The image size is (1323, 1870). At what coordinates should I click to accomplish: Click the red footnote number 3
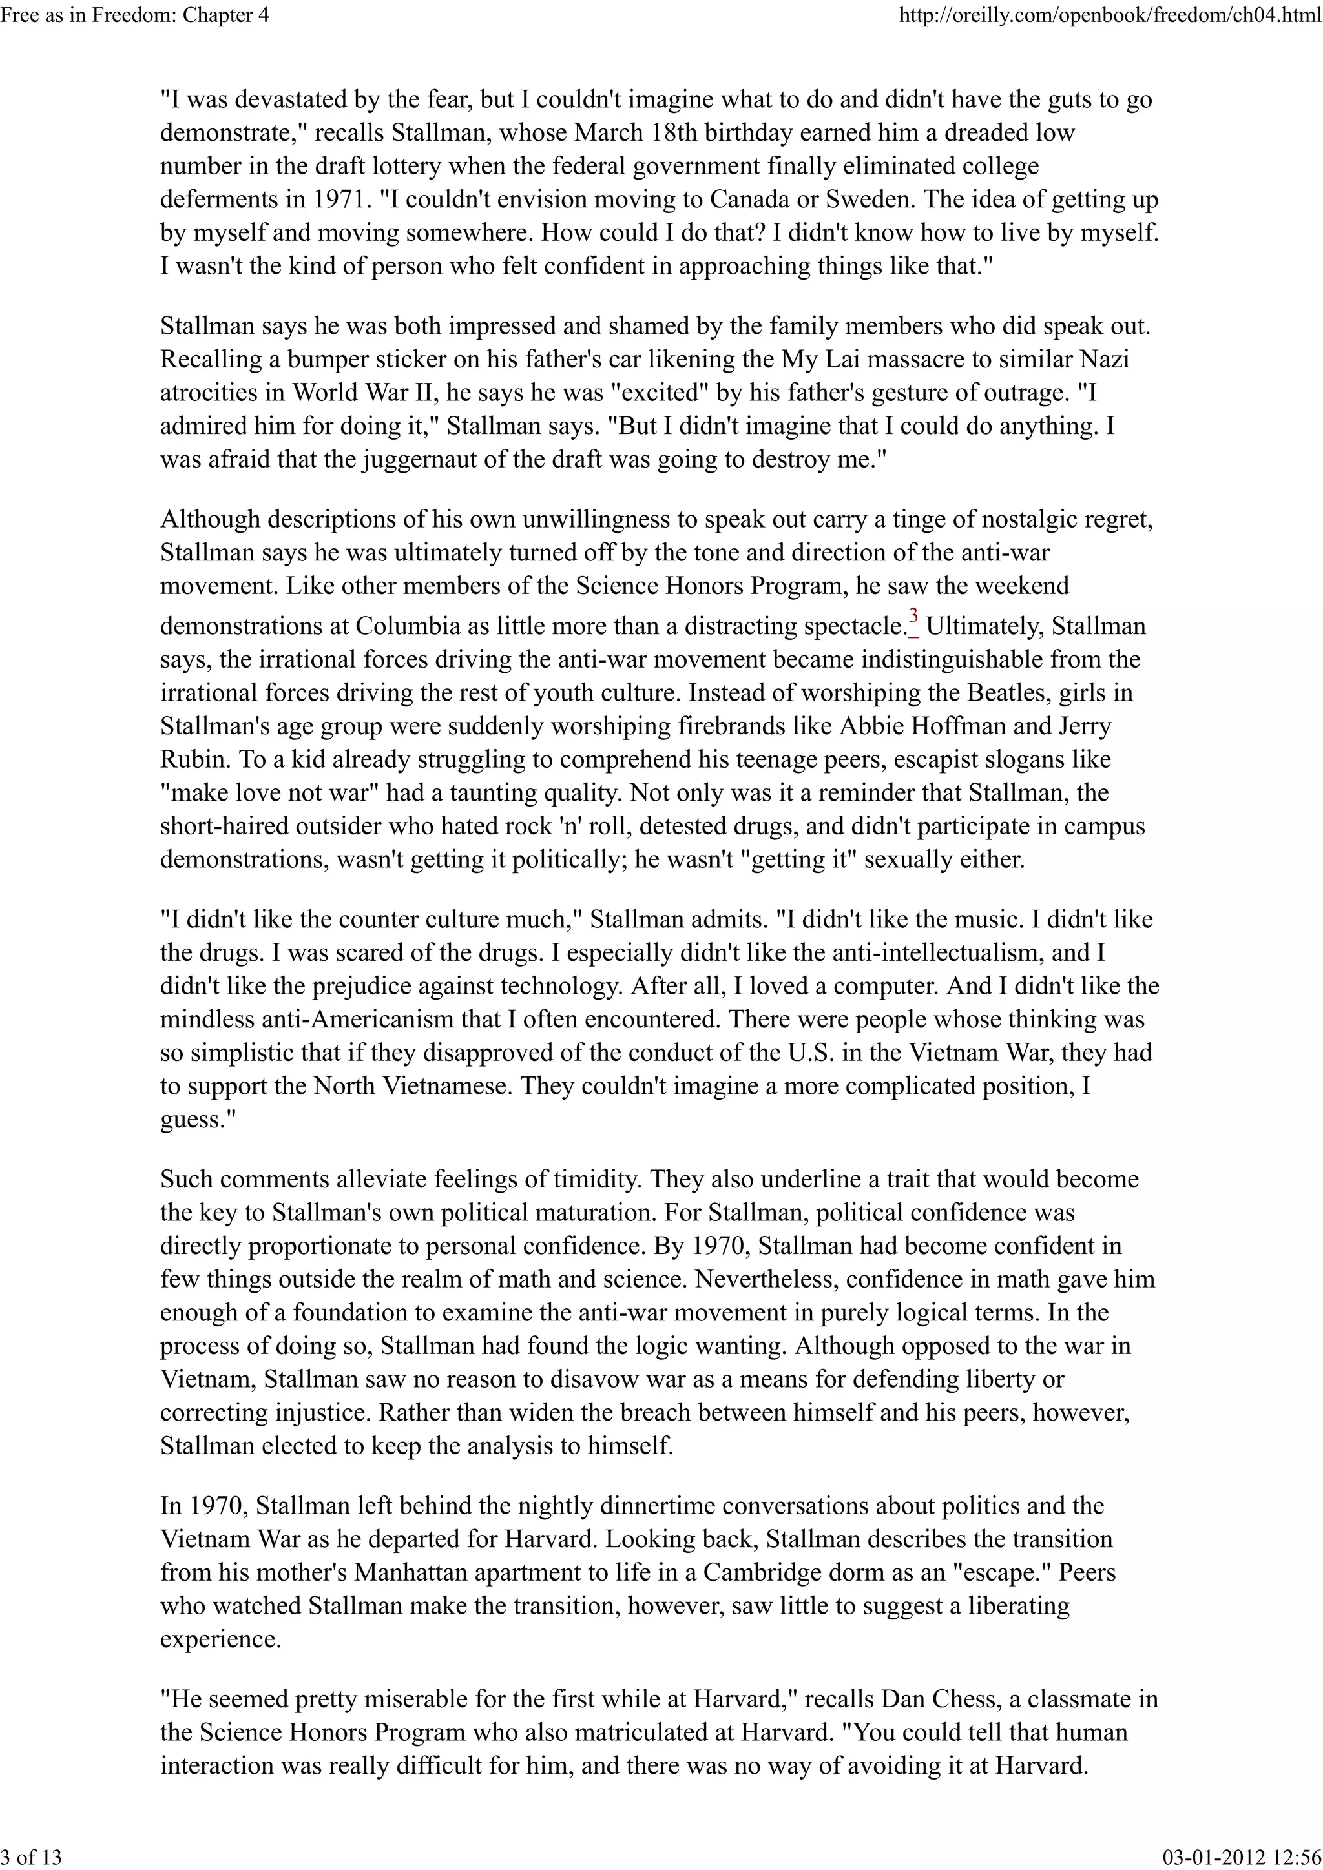click(x=913, y=617)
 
